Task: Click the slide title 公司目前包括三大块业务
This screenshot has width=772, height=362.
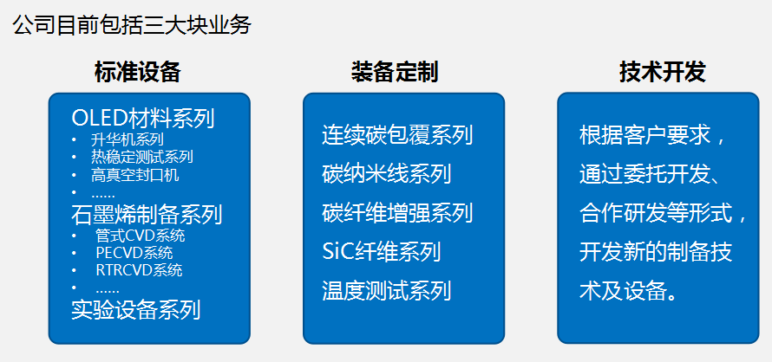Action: click(x=132, y=25)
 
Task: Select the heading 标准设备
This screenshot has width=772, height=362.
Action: click(x=138, y=72)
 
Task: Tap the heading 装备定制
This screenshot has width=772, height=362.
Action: click(x=395, y=72)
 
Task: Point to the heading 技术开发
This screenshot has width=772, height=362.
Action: click(x=663, y=72)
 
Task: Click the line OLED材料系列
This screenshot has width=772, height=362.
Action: click(x=143, y=118)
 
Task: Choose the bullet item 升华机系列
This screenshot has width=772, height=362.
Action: click(x=127, y=139)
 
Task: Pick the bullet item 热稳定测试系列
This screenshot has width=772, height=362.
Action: click(x=141, y=157)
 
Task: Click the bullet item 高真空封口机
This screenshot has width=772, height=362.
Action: click(x=134, y=175)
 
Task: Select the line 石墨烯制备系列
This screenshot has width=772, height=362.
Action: click(x=147, y=215)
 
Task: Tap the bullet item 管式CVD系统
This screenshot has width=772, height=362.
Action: click(x=141, y=236)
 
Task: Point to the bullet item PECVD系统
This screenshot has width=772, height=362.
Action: click(x=134, y=253)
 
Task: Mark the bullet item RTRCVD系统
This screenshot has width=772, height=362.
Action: click(x=140, y=270)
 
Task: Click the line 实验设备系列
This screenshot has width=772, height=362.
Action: click(x=136, y=310)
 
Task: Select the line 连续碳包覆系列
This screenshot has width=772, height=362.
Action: click(x=397, y=135)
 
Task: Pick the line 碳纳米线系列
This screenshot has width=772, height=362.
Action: click(x=387, y=174)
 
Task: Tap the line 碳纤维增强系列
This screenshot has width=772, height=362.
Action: click(x=397, y=213)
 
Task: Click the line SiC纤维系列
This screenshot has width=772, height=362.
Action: click(x=381, y=252)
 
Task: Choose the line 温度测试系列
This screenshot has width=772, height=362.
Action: click(x=387, y=291)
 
